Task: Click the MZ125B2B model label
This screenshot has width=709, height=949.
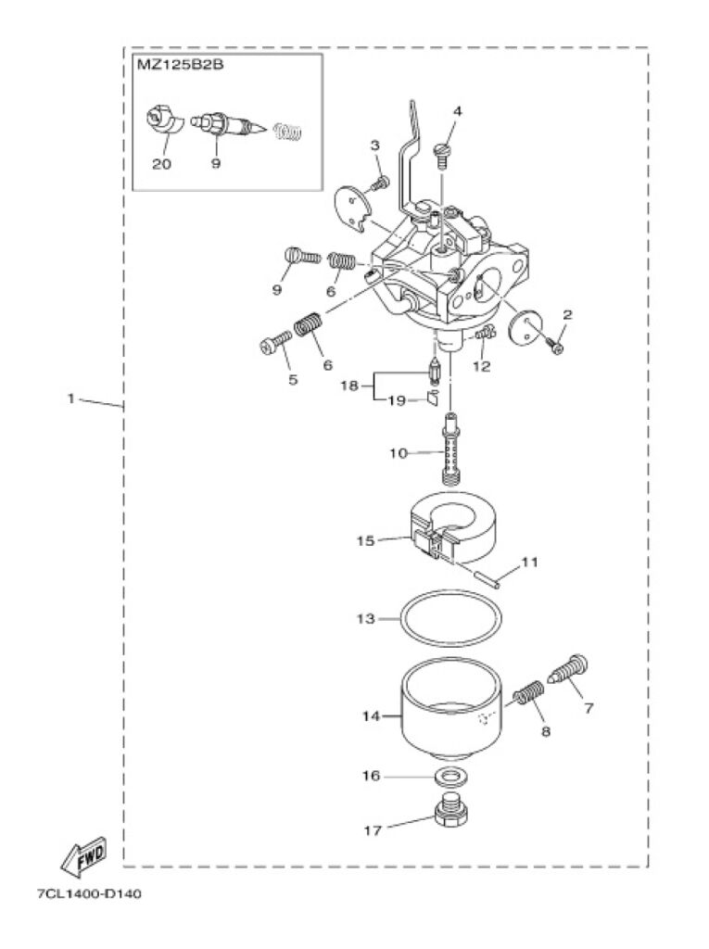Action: (180, 64)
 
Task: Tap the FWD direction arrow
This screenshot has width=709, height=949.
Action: (83, 857)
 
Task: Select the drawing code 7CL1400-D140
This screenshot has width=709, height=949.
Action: (90, 894)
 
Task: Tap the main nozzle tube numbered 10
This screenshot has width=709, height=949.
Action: (450, 448)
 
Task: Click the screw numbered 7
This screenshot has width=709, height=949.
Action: (569, 673)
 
